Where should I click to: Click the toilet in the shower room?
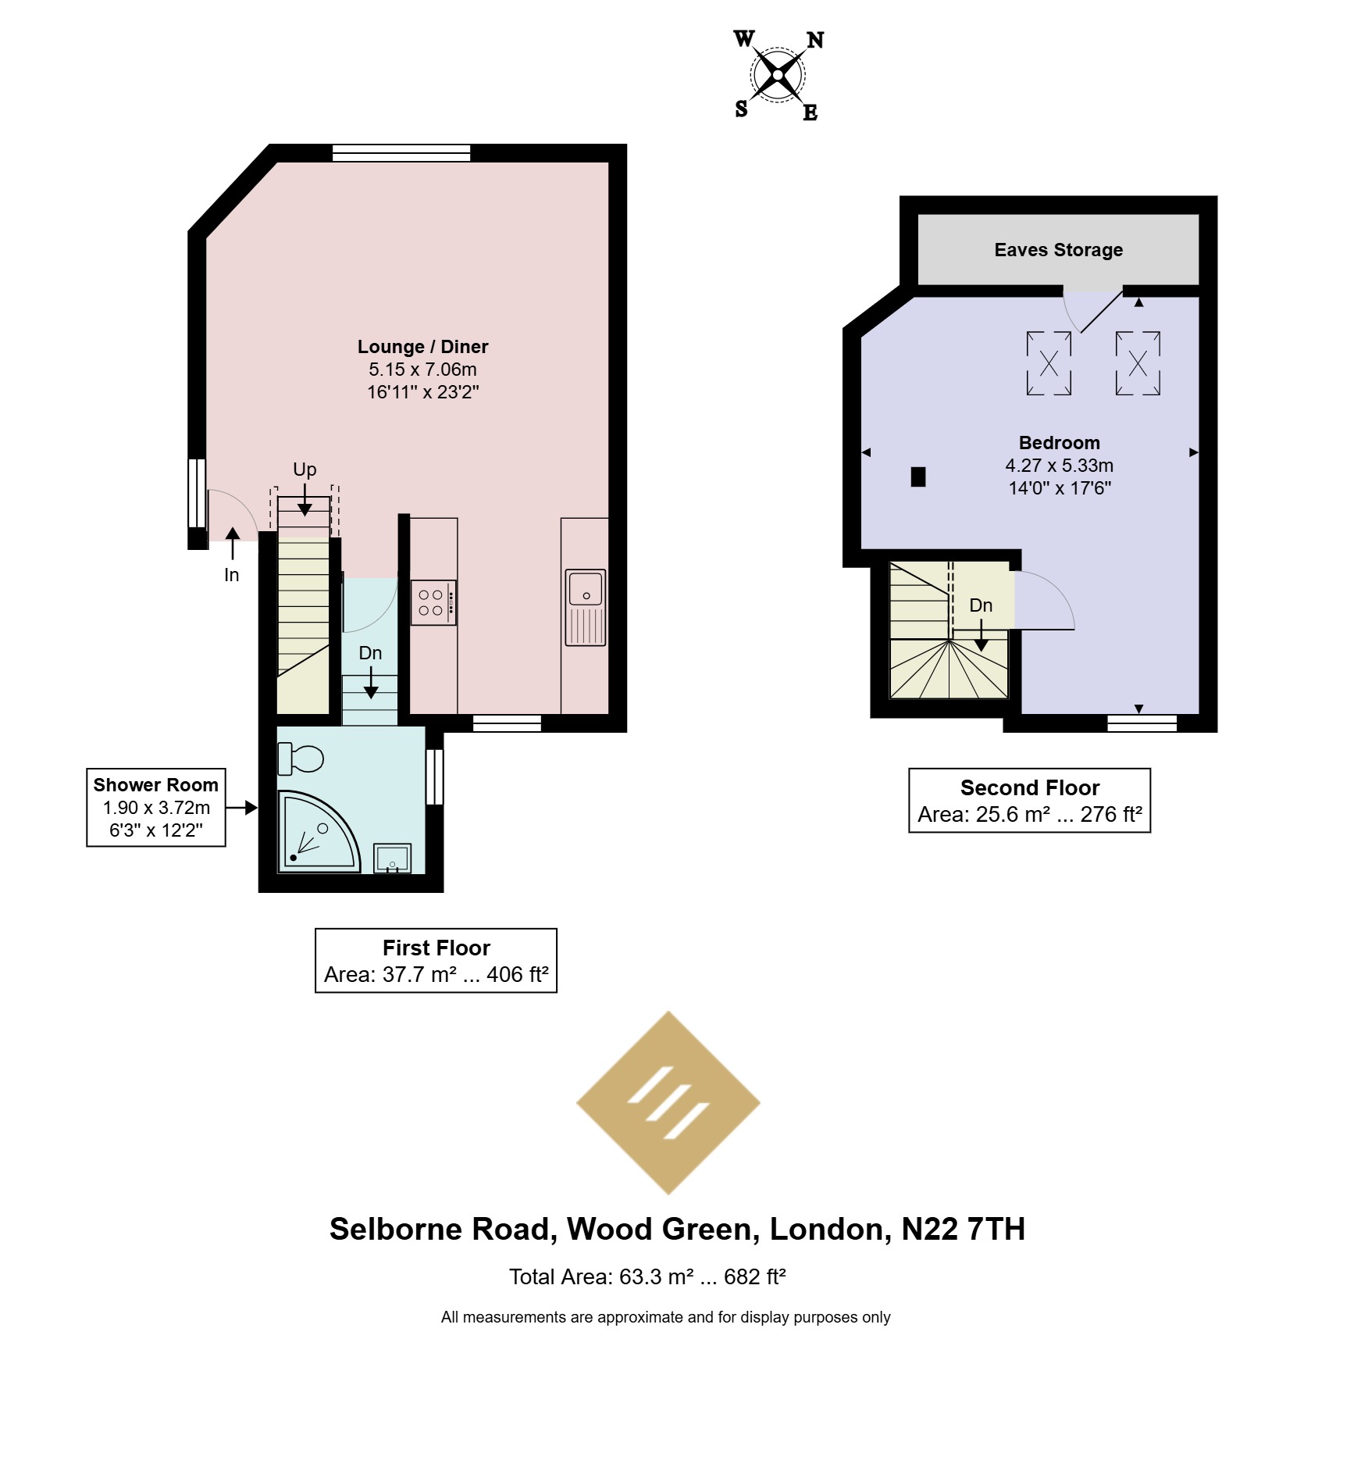(301, 758)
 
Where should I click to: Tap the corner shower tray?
(316, 832)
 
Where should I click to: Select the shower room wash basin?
(392, 858)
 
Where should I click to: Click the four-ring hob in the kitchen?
(433, 602)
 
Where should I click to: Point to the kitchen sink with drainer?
(586, 607)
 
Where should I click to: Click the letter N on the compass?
(815, 40)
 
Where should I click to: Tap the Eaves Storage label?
(1058, 250)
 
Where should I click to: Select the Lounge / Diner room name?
(422, 347)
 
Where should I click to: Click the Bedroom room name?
(1059, 443)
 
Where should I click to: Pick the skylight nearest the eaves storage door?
(1049, 363)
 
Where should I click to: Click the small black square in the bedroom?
(918, 477)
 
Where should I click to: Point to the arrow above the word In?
(232, 544)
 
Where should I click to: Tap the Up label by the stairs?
(305, 469)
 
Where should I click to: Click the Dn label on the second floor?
(981, 605)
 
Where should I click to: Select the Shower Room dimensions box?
(156, 808)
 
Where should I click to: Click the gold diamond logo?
(668, 1103)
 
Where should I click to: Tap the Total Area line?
(647, 1276)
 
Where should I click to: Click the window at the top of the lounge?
(401, 153)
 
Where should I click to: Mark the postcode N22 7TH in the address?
(963, 1229)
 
